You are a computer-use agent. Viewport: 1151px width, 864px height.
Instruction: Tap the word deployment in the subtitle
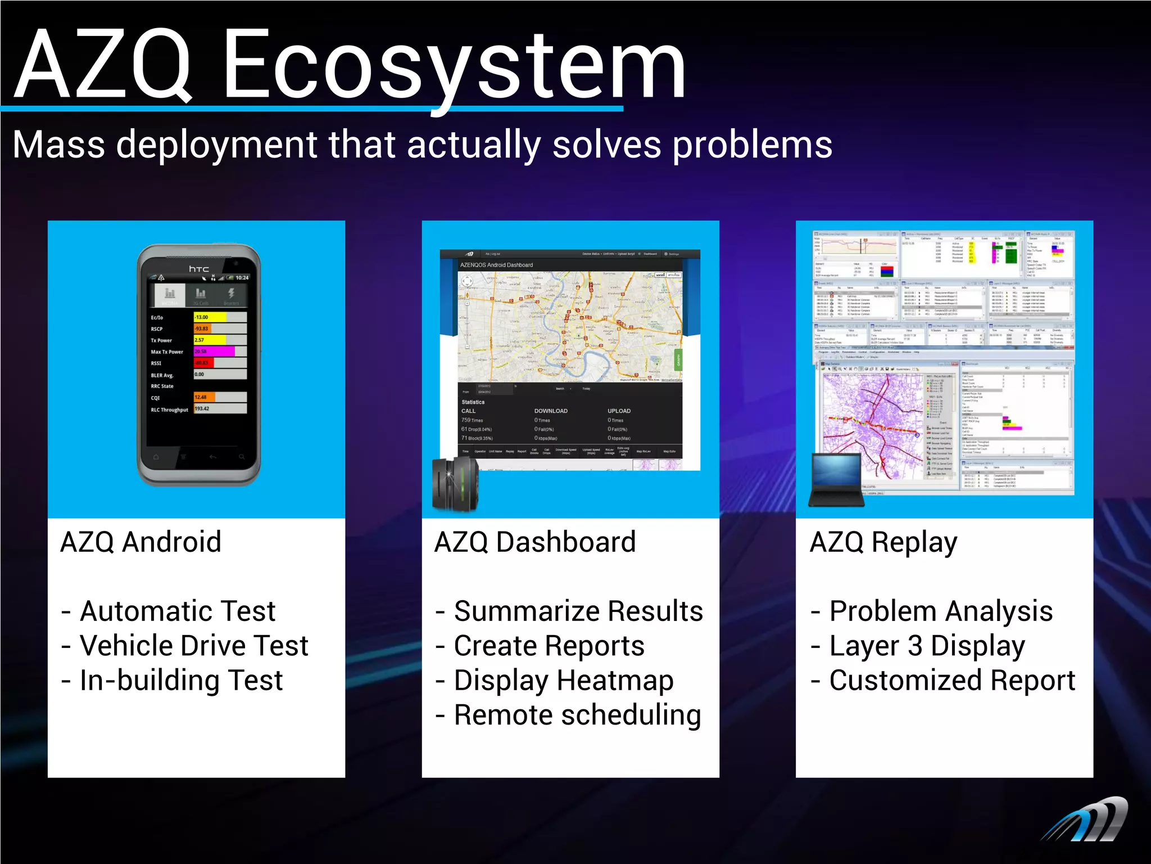pyautogui.click(x=216, y=145)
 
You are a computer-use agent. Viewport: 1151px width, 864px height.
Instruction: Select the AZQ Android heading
pyautogui.click(x=141, y=542)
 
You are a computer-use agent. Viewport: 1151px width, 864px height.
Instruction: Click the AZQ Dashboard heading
pyautogui.click(x=534, y=542)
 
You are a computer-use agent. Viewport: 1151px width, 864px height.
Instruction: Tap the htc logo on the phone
pyautogui.click(x=199, y=269)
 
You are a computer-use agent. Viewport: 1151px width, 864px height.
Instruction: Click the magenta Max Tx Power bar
pyautogui.click(x=214, y=352)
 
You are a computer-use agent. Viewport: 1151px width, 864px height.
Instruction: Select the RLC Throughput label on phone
pyautogui.click(x=169, y=410)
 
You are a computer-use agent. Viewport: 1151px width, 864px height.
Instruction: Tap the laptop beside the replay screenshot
pyautogui.click(x=836, y=480)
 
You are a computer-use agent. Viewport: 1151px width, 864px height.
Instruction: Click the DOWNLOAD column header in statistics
pyautogui.click(x=550, y=411)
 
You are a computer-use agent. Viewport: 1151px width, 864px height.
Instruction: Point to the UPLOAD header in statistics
pyautogui.click(x=619, y=411)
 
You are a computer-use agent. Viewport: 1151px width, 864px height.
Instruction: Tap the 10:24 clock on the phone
pyautogui.click(x=242, y=278)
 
